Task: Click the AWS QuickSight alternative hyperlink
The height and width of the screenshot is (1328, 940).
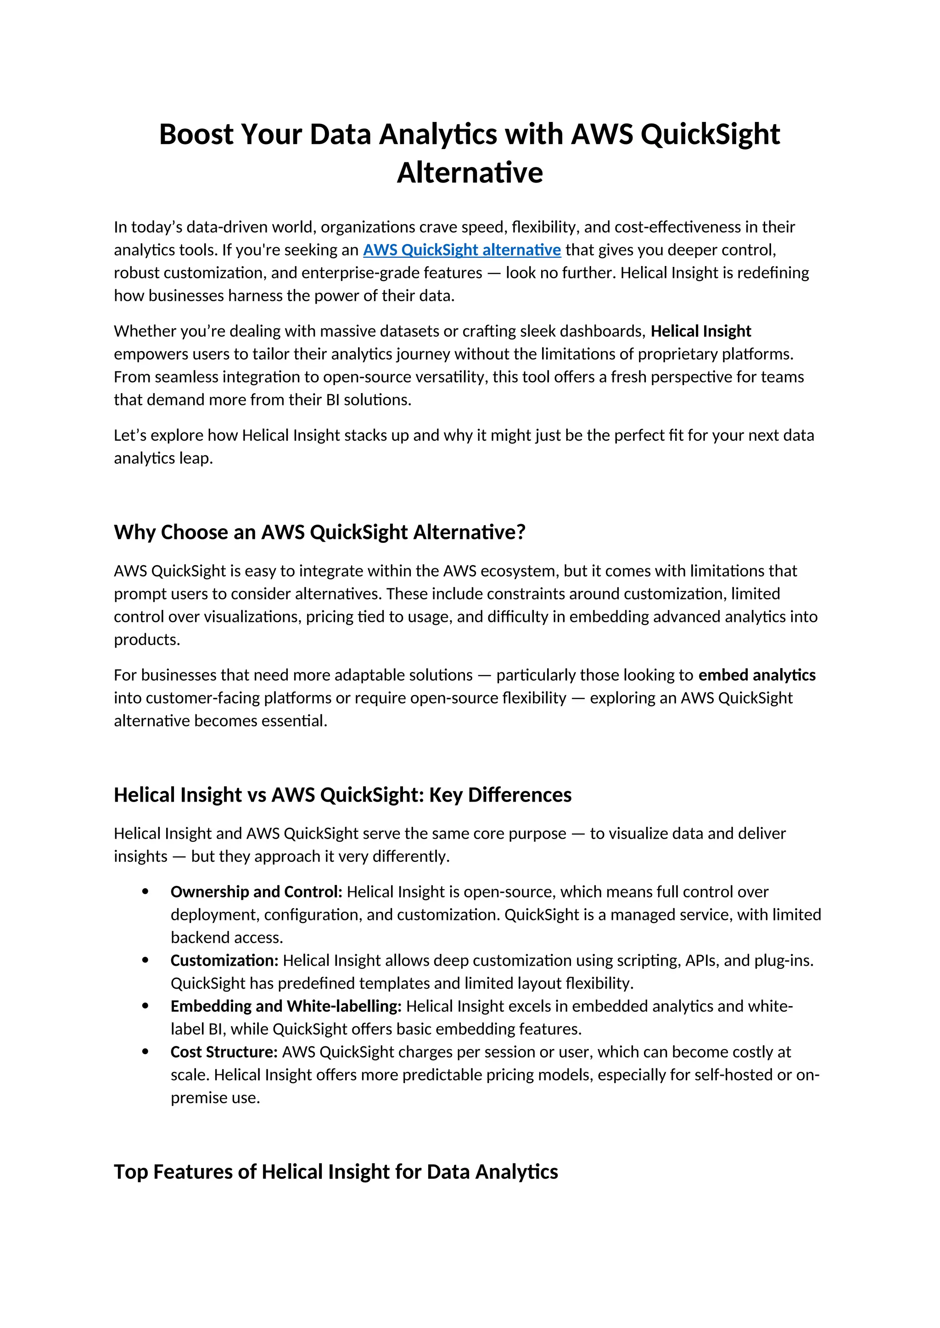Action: pyautogui.click(x=461, y=250)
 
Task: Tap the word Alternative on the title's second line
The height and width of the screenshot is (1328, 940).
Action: pyautogui.click(x=470, y=172)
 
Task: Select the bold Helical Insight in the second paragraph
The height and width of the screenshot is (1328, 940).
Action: pyautogui.click(x=700, y=332)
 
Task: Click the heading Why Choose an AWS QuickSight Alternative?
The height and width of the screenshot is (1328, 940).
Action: pyautogui.click(x=319, y=532)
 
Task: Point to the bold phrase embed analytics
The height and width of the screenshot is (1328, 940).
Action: pyautogui.click(x=756, y=675)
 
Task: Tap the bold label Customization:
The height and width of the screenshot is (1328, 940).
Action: pyautogui.click(x=224, y=960)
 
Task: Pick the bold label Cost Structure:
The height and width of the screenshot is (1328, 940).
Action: pyautogui.click(x=224, y=1051)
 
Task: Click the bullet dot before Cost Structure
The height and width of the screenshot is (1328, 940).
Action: pyautogui.click(x=145, y=1051)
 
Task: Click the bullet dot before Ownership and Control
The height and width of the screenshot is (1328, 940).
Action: pyautogui.click(x=145, y=892)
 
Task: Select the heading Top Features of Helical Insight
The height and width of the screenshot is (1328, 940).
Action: pyautogui.click(x=336, y=1172)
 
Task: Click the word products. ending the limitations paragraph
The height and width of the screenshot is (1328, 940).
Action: pyautogui.click(x=147, y=640)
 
